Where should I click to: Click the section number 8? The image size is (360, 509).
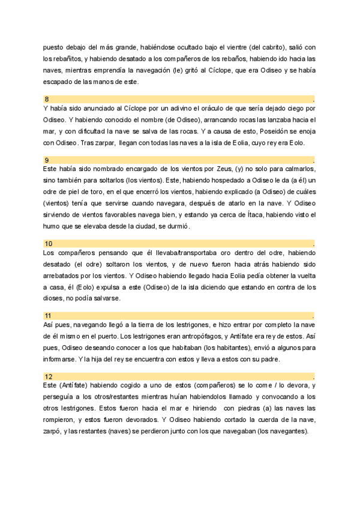pyautogui.click(x=47, y=98)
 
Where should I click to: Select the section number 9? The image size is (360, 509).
pyautogui.click(x=47, y=160)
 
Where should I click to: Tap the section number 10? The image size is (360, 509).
pyautogui.click(x=49, y=244)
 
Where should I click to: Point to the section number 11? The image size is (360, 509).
pyautogui.click(x=48, y=315)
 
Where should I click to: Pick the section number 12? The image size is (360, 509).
pyautogui.click(x=49, y=376)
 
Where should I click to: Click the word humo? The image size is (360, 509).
pyautogui.click(x=52, y=226)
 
